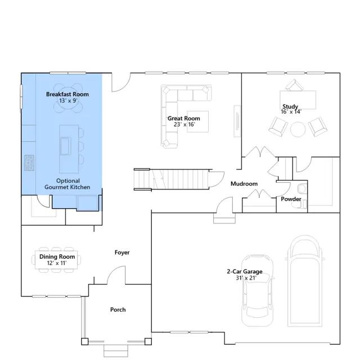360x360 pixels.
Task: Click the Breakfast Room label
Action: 67,94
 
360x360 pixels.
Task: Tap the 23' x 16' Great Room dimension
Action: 184,124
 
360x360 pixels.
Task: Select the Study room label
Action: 290,106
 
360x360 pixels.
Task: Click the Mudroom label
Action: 244,184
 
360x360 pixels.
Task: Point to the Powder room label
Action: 291,199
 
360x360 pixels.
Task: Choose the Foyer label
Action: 122,253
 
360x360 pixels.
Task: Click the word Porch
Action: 118,309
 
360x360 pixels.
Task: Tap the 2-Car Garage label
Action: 245,271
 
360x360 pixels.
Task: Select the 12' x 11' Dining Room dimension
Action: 57,263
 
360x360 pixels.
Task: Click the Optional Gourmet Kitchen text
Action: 67,184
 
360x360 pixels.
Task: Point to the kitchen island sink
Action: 65,146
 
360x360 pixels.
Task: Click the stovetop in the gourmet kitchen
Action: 29,163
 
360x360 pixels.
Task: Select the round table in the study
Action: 298,129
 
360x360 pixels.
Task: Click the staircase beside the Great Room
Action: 171,179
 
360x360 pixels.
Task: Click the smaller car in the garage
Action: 258,290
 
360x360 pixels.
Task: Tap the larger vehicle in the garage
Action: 305,281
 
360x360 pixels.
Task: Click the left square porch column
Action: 85,341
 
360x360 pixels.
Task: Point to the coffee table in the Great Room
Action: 197,121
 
